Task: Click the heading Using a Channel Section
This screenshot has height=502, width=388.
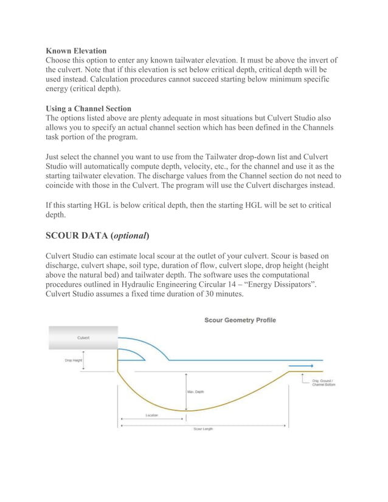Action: [x=89, y=108]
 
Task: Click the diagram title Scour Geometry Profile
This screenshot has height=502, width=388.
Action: [x=240, y=320]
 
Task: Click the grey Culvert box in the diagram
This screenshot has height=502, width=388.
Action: [x=83, y=338]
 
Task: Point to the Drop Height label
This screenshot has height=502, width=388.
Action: [x=74, y=360]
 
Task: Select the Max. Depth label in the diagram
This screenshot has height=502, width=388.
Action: [x=196, y=392]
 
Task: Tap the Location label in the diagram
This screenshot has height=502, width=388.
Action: [x=151, y=415]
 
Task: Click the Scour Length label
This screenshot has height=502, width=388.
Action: [x=203, y=429]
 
